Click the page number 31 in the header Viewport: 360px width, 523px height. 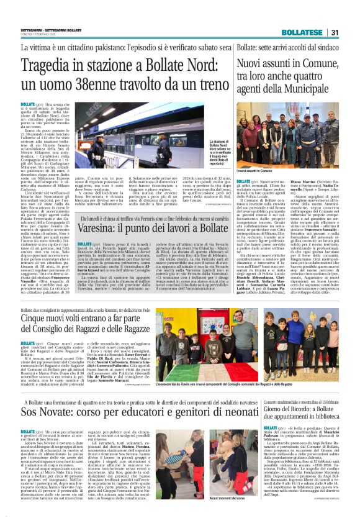(334, 32)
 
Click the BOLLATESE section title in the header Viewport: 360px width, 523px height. (301, 32)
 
